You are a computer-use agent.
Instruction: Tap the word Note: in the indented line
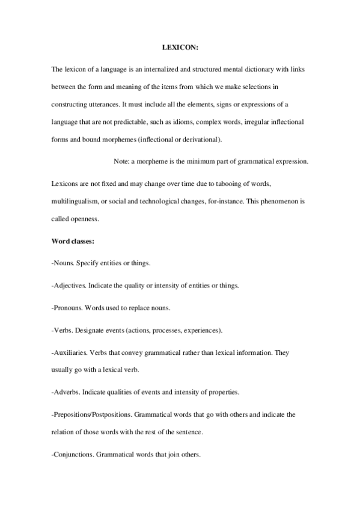click(x=122, y=161)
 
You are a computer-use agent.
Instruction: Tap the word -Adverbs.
click(x=67, y=392)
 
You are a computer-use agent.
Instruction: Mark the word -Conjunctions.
click(x=73, y=454)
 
